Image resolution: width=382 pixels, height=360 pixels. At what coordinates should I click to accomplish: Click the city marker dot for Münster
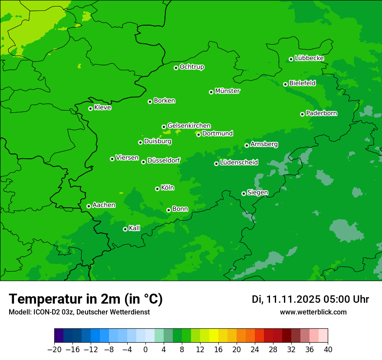211,92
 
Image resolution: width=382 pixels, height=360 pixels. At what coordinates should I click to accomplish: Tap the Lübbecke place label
309,58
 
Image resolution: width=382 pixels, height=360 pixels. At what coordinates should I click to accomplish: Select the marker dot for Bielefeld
285,84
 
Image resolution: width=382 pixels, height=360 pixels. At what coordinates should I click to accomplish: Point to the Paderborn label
321,113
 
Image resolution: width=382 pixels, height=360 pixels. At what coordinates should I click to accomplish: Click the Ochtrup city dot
176,68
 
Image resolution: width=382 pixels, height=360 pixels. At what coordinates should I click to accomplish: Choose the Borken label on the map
164,101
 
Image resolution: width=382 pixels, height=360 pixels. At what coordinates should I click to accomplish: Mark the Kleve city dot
90,108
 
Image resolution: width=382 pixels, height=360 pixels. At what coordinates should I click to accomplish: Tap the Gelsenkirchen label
189,126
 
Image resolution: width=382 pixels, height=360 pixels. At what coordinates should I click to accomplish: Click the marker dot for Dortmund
198,134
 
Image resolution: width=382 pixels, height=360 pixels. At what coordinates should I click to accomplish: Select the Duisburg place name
158,141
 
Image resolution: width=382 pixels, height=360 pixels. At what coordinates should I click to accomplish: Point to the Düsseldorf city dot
143,162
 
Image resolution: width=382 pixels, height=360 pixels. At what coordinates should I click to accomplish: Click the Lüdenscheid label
239,163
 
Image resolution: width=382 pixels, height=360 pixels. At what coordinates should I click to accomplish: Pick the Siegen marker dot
244,193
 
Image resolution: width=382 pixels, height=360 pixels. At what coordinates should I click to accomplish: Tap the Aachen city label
104,205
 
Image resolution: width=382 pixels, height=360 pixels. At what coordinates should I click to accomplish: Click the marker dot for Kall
125,229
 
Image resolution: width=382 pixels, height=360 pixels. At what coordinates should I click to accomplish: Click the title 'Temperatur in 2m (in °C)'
86,299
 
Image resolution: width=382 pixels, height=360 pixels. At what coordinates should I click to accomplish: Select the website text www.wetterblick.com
313,312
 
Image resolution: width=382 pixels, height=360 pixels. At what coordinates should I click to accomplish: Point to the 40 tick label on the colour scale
328,350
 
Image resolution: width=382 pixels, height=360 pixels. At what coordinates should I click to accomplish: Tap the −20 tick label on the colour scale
55,350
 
